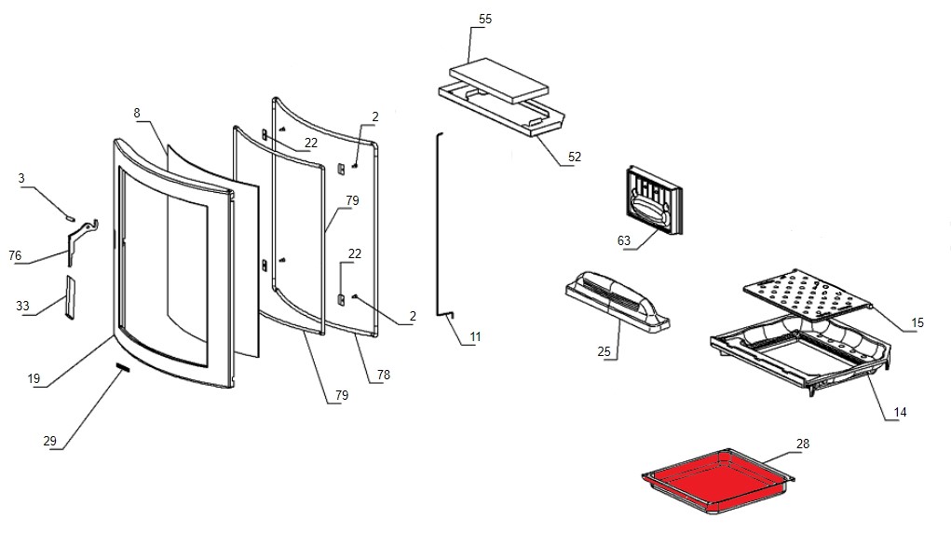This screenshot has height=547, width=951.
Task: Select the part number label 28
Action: tap(803, 443)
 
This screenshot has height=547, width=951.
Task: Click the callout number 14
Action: tap(901, 412)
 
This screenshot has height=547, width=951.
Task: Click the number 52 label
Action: tap(574, 157)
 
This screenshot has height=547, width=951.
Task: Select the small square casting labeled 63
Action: tap(656, 199)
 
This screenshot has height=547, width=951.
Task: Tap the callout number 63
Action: tap(624, 240)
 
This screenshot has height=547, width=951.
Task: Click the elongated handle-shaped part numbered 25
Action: tap(618, 300)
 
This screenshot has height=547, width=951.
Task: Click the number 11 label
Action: tap(475, 335)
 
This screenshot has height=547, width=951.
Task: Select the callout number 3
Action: tap(21, 178)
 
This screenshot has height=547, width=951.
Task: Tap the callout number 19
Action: tap(34, 378)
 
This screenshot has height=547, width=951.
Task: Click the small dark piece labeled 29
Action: tap(121, 368)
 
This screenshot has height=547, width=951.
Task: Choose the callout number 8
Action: tap(137, 113)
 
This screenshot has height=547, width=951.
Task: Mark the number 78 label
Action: tap(384, 375)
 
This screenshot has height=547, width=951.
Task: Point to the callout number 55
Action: tap(484, 19)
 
